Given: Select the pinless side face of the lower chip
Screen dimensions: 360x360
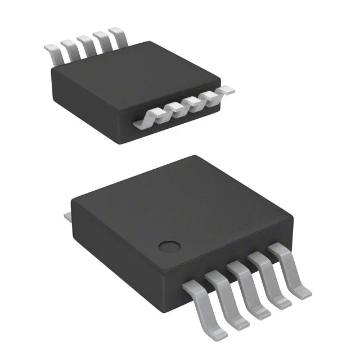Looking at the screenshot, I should point(107,247).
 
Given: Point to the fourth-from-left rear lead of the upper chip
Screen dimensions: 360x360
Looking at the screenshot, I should point(102,41).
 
